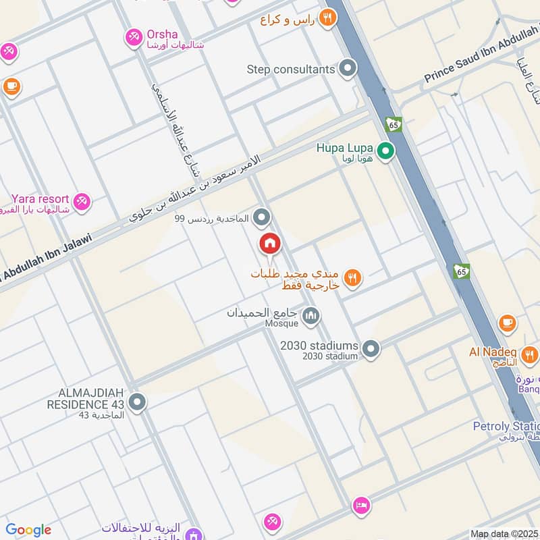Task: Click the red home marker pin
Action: (x=269, y=243)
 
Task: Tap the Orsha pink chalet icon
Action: (x=134, y=37)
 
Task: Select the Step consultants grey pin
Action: (x=348, y=69)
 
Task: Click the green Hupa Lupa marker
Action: (x=385, y=151)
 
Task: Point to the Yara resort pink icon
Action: (x=82, y=201)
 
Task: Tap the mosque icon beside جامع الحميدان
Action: (x=311, y=315)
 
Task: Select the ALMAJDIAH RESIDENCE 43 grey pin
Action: (x=137, y=403)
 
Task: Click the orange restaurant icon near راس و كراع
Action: (x=327, y=18)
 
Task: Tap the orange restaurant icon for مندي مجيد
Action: (x=352, y=277)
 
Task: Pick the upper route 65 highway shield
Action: (x=394, y=124)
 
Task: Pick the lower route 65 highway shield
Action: (x=462, y=271)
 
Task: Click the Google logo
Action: (x=28, y=530)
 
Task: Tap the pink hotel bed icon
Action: (x=361, y=506)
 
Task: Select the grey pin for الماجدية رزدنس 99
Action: (x=262, y=217)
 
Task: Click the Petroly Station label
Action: (x=506, y=427)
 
